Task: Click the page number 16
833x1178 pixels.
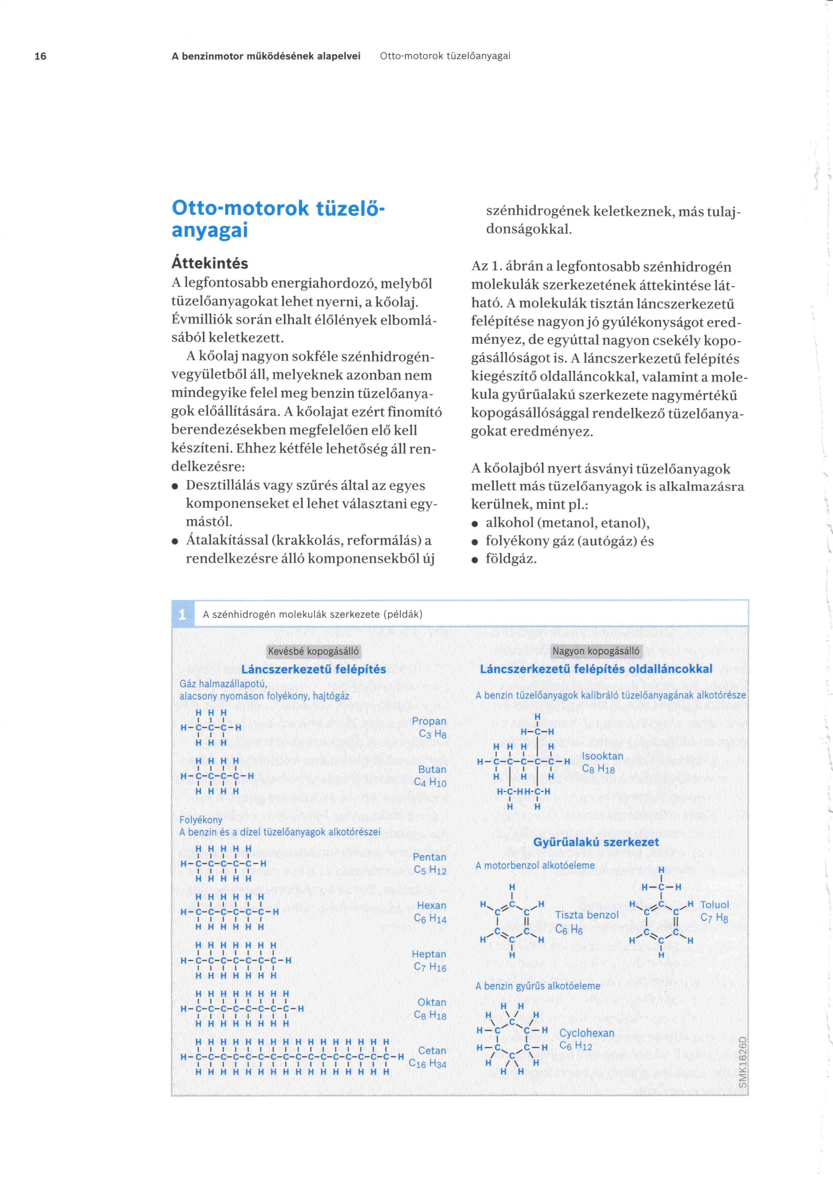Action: (x=40, y=56)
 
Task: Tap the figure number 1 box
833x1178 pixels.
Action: (x=182, y=614)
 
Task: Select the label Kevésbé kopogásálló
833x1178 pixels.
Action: (x=313, y=651)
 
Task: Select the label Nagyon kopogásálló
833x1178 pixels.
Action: (x=596, y=651)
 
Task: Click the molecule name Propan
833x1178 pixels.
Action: (x=429, y=721)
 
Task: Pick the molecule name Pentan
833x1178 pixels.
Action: (x=429, y=857)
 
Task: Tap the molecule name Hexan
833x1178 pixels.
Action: (x=431, y=905)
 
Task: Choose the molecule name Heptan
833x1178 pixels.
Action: (x=429, y=954)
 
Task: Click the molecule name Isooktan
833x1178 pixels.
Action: (x=602, y=756)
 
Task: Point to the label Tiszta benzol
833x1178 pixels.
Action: (x=587, y=915)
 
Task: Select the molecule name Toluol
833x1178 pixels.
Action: (x=714, y=905)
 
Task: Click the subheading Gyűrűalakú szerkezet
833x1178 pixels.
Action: (x=596, y=842)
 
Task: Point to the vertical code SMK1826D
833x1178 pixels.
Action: (x=742, y=1061)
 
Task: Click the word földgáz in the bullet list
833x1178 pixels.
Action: (x=511, y=558)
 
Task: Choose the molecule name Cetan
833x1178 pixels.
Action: (x=432, y=1050)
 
